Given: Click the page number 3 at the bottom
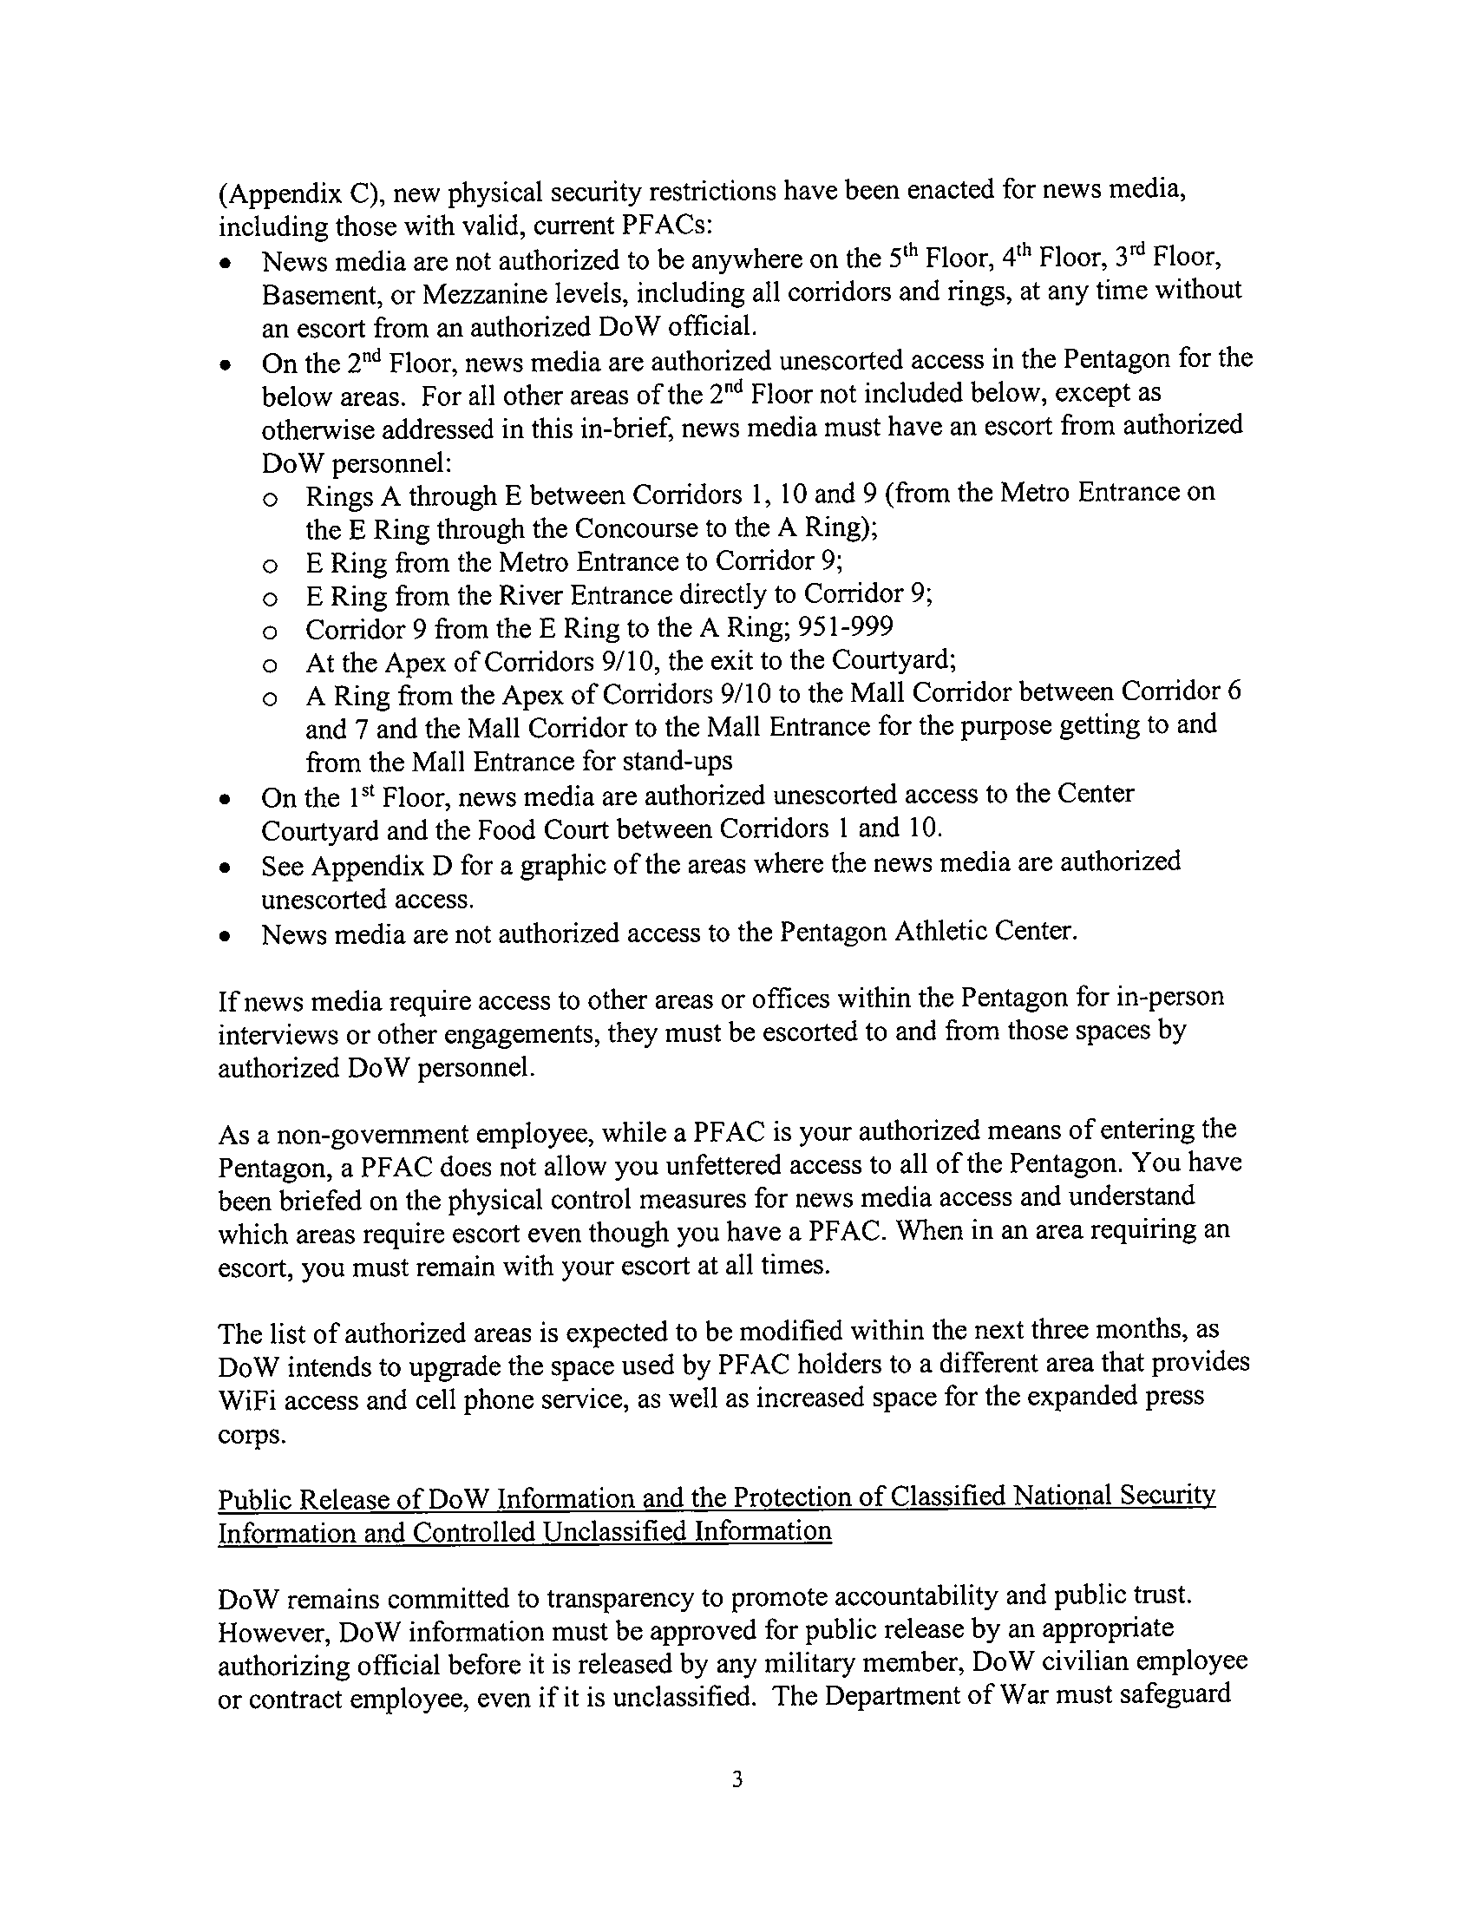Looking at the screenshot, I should (x=736, y=1778).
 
